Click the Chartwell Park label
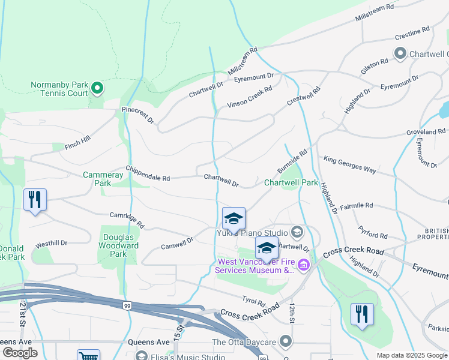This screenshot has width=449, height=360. (291, 182)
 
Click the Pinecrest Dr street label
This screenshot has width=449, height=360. (137, 115)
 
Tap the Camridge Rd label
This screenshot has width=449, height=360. (127, 220)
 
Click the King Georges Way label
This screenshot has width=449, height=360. (349, 165)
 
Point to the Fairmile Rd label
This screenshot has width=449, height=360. (357, 205)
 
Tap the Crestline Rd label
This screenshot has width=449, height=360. (412, 33)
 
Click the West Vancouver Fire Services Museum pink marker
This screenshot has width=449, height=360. (304, 265)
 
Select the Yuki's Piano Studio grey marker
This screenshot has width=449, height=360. (297, 232)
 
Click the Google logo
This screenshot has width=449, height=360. (20, 353)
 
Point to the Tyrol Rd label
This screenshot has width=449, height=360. (253, 286)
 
